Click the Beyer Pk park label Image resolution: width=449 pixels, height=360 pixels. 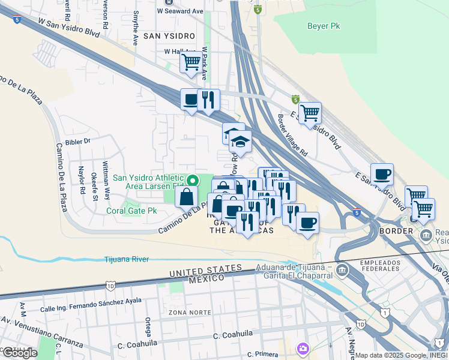coord(324,26)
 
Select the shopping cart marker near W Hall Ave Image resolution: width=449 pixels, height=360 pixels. coord(191,62)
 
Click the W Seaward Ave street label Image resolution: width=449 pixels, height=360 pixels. coord(180,11)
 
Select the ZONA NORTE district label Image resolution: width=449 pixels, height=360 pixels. coord(190,313)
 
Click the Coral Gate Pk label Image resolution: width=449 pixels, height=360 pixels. coord(131,211)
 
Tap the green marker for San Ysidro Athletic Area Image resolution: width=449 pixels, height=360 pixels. coord(193,179)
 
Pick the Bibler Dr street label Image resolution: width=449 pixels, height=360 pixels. coord(78,142)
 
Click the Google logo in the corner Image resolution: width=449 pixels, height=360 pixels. coord(20,352)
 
